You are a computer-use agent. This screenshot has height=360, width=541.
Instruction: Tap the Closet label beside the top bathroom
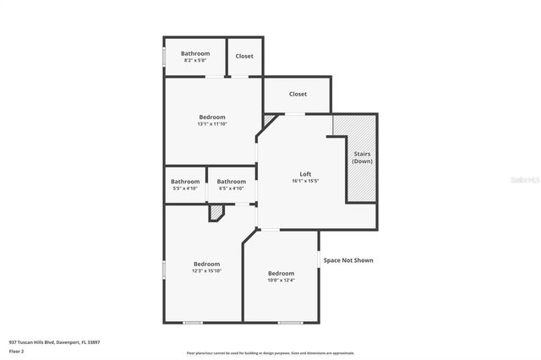pyautogui.click(x=244, y=57)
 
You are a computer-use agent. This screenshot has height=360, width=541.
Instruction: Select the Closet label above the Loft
pyautogui.click(x=298, y=94)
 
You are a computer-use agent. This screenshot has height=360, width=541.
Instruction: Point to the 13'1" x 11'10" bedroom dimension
pyautogui.click(x=212, y=124)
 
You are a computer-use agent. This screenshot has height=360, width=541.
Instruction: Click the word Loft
pyautogui.click(x=305, y=174)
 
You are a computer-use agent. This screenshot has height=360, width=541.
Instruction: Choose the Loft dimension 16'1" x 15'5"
pyautogui.click(x=305, y=181)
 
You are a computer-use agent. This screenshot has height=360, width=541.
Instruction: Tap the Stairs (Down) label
pyautogui.click(x=362, y=157)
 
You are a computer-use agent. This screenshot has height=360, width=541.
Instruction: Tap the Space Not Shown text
pyautogui.click(x=347, y=260)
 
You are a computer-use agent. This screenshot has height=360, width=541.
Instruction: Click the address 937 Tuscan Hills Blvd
pyautogui.click(x=54, y=342)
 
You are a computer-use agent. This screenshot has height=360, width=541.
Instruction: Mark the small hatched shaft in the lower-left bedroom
pyautogui.click(x=216, y=215)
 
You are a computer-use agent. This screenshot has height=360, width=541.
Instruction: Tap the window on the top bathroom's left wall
pyautogui.click(x=163, y=57)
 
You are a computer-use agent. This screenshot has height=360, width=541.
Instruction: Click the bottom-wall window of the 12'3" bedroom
pyautogui.click(x=193, y=322)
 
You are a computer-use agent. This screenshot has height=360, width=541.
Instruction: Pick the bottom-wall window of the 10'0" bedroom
pyautogui.click(x=290, y=322)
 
